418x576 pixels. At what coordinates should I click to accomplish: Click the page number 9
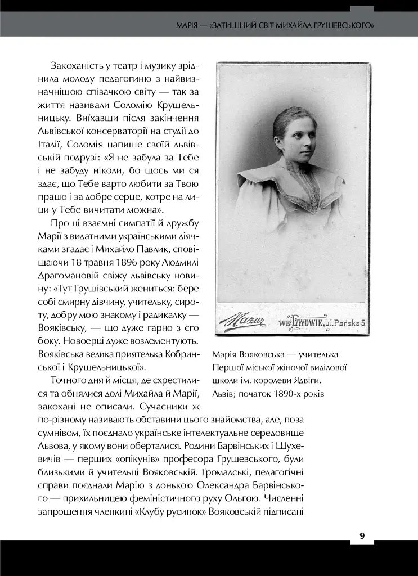pos(362,535)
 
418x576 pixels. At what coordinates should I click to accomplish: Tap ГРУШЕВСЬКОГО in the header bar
pos(344,26)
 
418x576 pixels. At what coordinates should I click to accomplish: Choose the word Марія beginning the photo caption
pos(224,355)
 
